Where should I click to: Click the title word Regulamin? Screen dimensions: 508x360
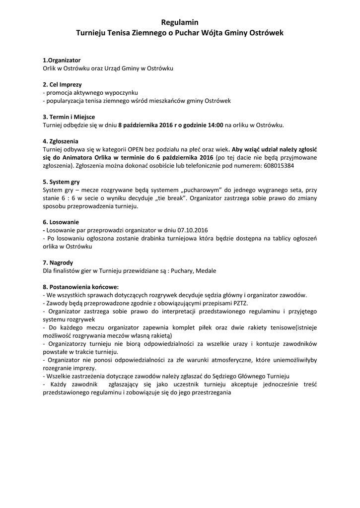point(180,22)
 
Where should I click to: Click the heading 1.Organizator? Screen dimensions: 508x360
point(62,60)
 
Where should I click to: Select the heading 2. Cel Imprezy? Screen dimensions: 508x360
point(63,84)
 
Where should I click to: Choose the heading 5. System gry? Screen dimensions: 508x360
point(61,182)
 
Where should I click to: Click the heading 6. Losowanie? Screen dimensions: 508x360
point(61,222)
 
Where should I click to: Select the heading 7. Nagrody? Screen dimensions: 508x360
point(58,262)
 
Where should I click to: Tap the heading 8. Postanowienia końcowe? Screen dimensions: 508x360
point(81,287)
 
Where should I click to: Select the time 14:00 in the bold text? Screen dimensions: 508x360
point(215,125)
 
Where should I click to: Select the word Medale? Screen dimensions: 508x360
point(206,270)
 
